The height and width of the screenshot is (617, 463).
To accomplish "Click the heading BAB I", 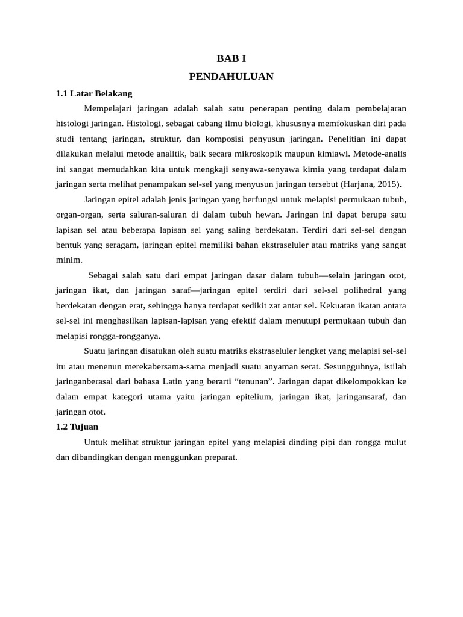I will point(231,59).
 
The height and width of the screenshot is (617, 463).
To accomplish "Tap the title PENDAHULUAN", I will point(231,77).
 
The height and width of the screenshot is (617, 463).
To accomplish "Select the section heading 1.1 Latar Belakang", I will point(93,93).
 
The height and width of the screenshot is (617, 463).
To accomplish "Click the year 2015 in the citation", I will point(387,184).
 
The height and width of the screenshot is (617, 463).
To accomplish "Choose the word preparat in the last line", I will point(221,457).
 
